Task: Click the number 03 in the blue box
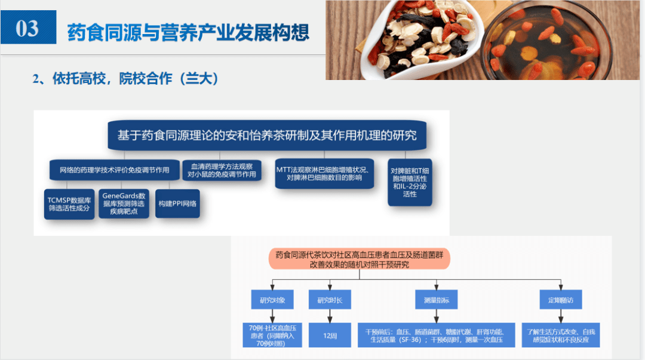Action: point(27,27)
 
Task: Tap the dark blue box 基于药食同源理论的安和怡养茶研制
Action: point(266,136)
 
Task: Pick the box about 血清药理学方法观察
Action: point(222,170)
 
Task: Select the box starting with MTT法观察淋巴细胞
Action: point(325,173)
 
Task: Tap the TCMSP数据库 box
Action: point(69,203)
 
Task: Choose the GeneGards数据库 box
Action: point(124,203)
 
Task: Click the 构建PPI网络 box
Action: point(177,203)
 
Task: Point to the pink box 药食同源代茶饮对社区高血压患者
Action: point(358,259)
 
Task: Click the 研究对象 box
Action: point(272,300)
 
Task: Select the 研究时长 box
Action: point(330,300)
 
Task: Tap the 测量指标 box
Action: point(436,300)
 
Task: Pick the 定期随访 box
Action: point(560,300)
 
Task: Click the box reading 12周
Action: point(330,336)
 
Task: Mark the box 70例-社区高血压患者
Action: point(272,335)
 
